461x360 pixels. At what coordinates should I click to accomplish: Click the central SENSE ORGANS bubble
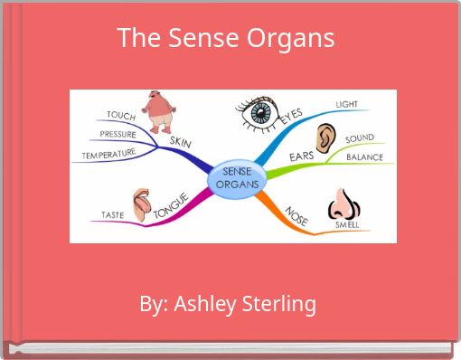point(238,177)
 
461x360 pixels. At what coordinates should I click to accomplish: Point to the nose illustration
point(343,203)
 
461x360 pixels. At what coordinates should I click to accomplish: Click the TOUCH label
point(121,116)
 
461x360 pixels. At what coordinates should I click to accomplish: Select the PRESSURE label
point(118,135)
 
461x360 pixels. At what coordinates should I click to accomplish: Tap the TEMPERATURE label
point(108,155)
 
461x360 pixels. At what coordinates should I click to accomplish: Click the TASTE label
point(113,215)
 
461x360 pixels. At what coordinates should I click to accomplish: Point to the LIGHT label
point(347,105)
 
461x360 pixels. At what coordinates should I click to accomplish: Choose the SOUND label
point(359,138)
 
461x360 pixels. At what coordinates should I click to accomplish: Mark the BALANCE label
point(364,156)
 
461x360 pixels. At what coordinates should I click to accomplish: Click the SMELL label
point(347,223)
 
